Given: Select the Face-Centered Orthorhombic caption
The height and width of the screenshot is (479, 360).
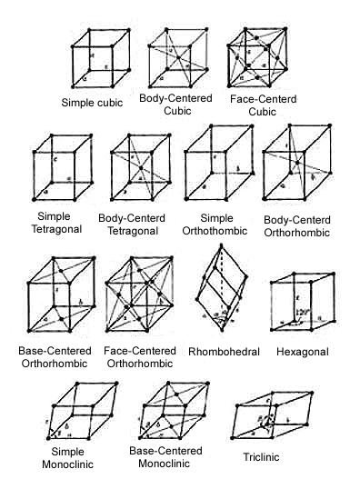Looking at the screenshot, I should pos(141,356).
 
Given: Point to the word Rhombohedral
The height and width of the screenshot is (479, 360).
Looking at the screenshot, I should pos(224,351).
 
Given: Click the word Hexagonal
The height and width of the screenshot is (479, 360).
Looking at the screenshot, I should pos(304,351).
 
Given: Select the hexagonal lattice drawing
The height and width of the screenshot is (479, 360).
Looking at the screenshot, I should pos(300,309).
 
